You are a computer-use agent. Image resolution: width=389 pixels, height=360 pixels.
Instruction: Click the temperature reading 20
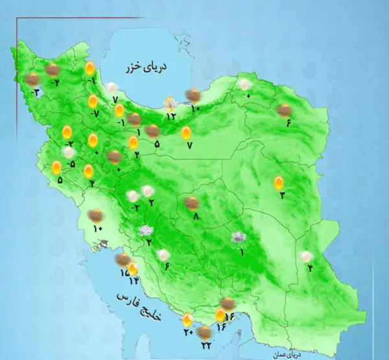(x=188, y=333)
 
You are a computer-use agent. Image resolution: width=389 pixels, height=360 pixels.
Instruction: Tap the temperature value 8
(x=196, y=217)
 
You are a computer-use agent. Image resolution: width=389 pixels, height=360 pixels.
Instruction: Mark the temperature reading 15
(x=124, y=273)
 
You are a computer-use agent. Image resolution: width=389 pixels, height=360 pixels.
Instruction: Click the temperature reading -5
(x=71, y=163)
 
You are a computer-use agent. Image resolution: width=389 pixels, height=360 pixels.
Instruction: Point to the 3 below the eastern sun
(x=281, y=196)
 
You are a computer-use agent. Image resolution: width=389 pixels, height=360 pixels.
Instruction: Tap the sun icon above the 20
(x=187, y=319)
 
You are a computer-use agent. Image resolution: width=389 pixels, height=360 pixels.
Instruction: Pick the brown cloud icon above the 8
(x=191, y=203)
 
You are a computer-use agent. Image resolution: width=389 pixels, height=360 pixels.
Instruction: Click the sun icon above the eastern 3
(x=279, y=182)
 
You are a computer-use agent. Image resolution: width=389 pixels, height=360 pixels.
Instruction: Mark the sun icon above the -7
(x=93, y=101)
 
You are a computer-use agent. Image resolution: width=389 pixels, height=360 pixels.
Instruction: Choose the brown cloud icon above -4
(x=53, y=69)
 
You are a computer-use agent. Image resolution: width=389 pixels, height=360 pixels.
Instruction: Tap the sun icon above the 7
(x=187, y=134)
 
